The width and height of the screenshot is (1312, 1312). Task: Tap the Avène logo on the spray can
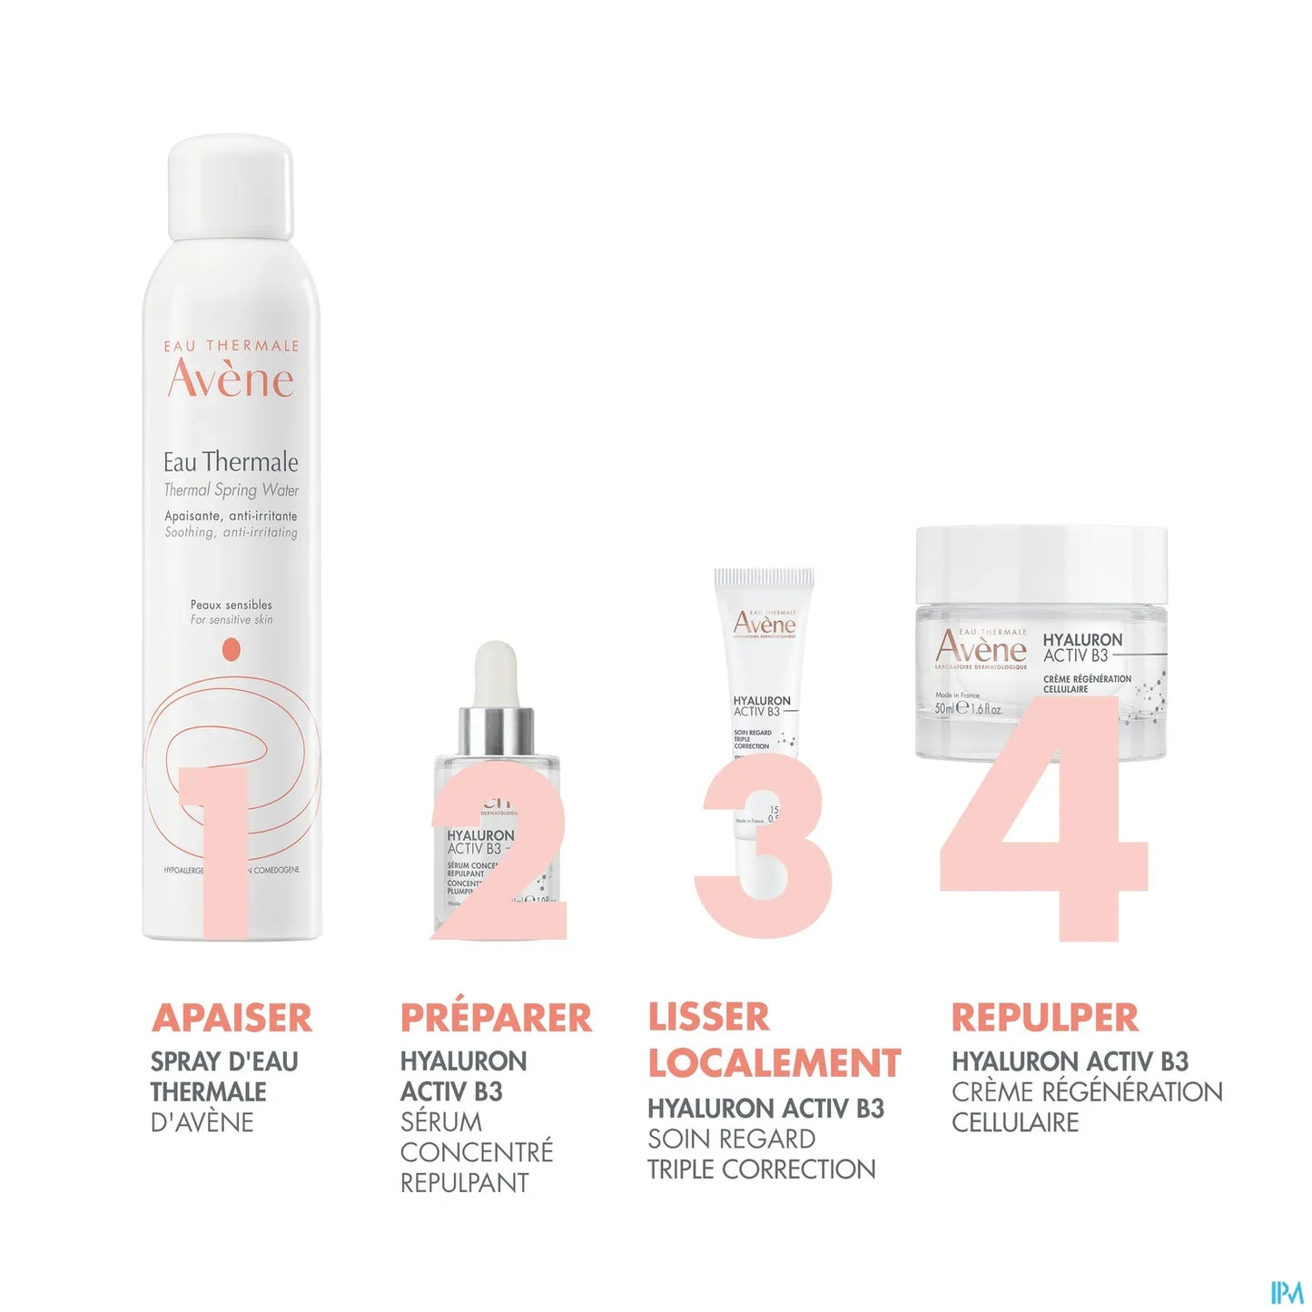(x=231, y=379)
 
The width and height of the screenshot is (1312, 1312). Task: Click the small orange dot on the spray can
(x=232, y=649)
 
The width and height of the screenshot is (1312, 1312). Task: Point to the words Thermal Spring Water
(x=231, y=490)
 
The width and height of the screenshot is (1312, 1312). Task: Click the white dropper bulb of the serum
(x=496, y=672)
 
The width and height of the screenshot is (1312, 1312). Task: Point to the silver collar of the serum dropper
(x=496, y=731)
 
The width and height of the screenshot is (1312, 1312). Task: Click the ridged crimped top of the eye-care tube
(x=764, y=577)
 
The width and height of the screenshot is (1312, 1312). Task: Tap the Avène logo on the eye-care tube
(x=764, y=624)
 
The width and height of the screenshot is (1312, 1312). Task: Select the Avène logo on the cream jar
(x=981, y=647)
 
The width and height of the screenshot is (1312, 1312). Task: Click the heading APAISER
(x=232, y=1018)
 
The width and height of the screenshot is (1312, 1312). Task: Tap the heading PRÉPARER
(x=496, y=1018)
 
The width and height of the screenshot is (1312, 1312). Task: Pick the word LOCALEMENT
(x=774, y=1063)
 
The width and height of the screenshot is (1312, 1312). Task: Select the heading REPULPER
(x=1044, y=1018)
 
